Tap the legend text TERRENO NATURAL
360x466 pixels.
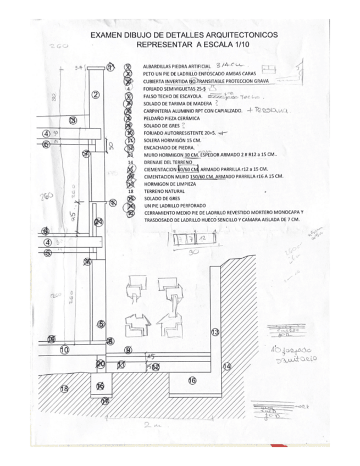[164, 191]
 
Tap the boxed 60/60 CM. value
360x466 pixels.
[191, 169]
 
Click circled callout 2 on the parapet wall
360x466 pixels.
[95, 95]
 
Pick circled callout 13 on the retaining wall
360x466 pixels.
[215, 331]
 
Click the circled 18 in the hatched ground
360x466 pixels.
[64, 389]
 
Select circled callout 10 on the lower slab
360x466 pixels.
[64, 349]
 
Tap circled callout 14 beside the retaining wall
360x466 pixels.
[226, 366]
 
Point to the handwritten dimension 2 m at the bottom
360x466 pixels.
[147, 425]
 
